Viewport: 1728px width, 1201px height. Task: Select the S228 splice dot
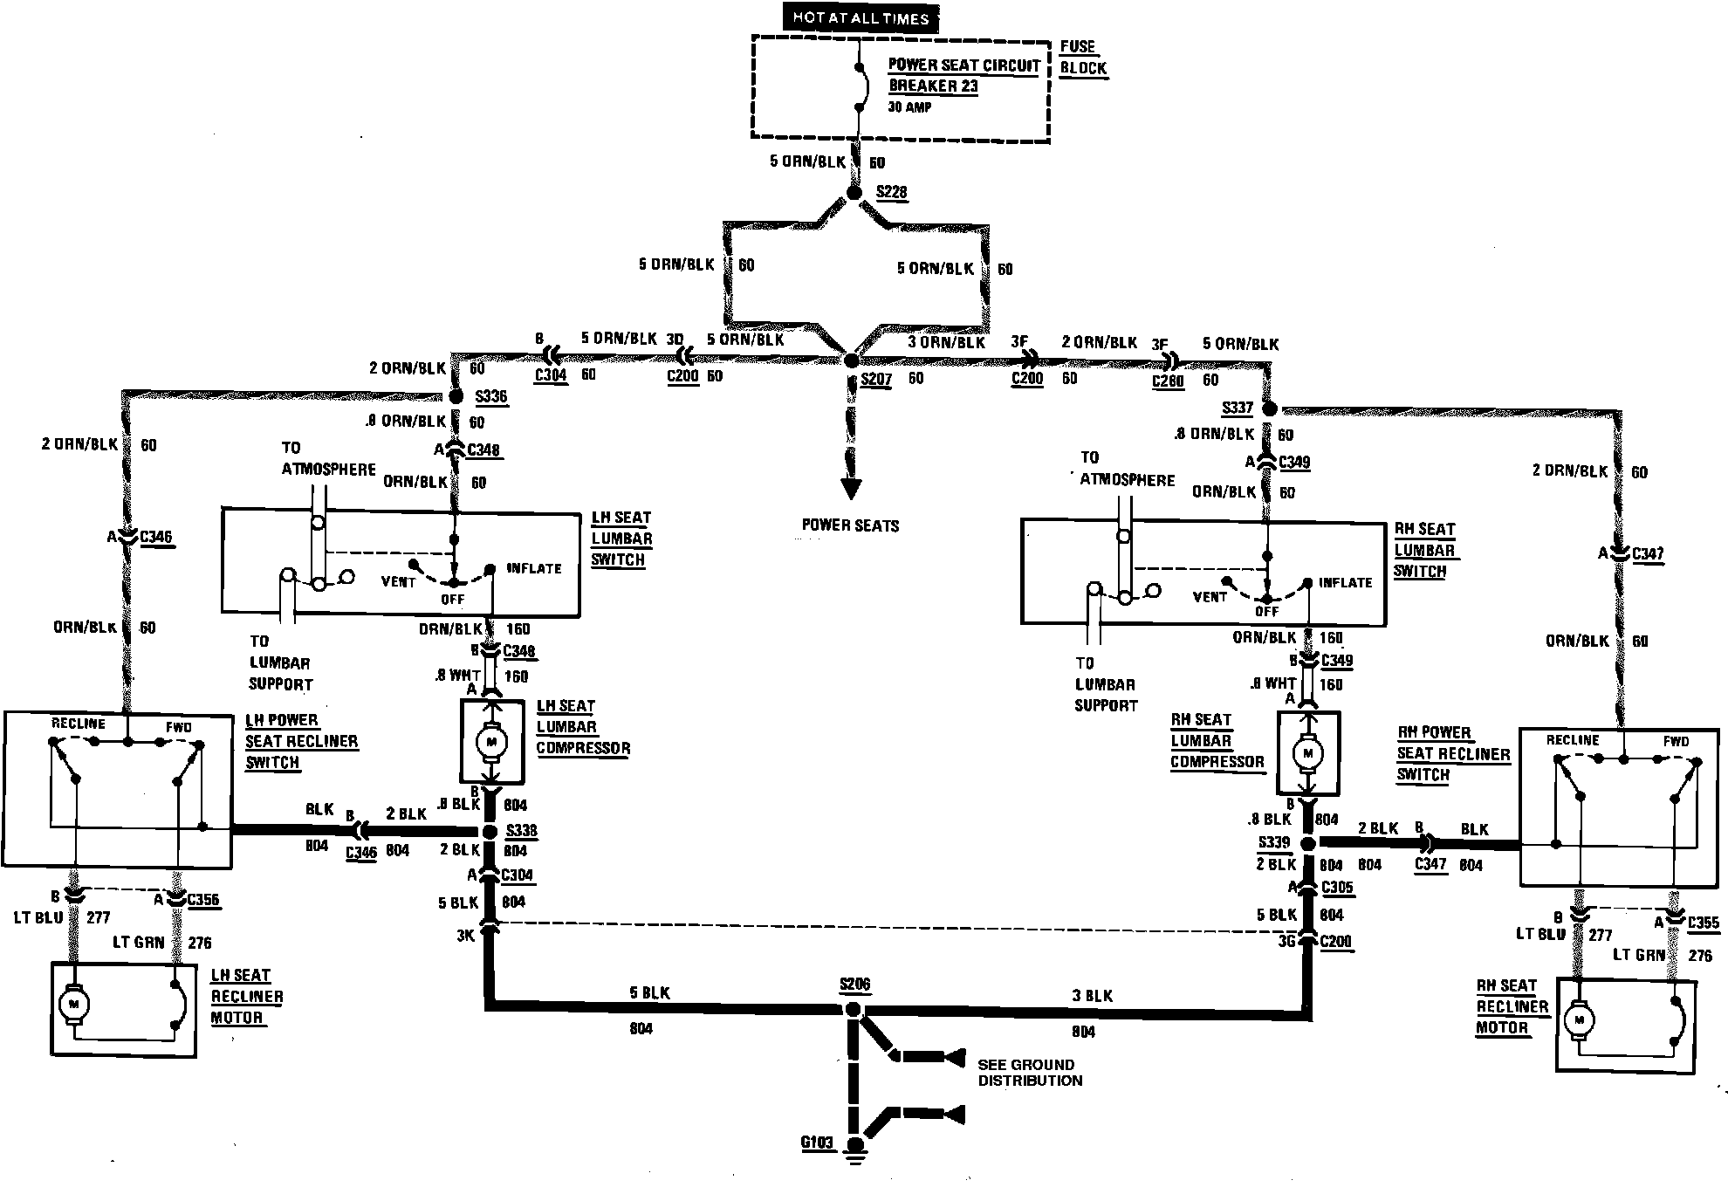point(854,192)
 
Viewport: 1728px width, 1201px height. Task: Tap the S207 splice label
point(876,379)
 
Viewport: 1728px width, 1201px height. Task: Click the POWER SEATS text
point(850,525)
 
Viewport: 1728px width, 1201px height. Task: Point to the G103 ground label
point(817,1143)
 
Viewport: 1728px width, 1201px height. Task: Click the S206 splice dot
point(854,1010)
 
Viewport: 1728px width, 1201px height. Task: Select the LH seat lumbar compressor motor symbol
point(491,742)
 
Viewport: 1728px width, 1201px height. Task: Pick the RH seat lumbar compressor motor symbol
point(1307,753)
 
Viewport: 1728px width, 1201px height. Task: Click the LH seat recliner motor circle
point(73,1005)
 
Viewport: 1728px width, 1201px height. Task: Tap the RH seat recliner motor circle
point(1579,1019)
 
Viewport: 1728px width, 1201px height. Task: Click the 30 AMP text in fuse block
point(909,107)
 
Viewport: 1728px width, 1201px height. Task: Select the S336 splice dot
point(456,396)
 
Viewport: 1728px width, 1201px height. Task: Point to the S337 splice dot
point(1270,408)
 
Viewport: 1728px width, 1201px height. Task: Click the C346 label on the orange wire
point(155,537)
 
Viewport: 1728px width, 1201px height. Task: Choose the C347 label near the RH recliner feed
point(1647,553)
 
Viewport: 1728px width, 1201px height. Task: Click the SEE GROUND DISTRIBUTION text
point(1030,1073)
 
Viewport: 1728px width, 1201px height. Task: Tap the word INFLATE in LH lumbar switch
point(534,568)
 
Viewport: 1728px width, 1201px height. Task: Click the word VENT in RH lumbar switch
point(1210,597)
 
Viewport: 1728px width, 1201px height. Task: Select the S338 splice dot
point(490,831)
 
